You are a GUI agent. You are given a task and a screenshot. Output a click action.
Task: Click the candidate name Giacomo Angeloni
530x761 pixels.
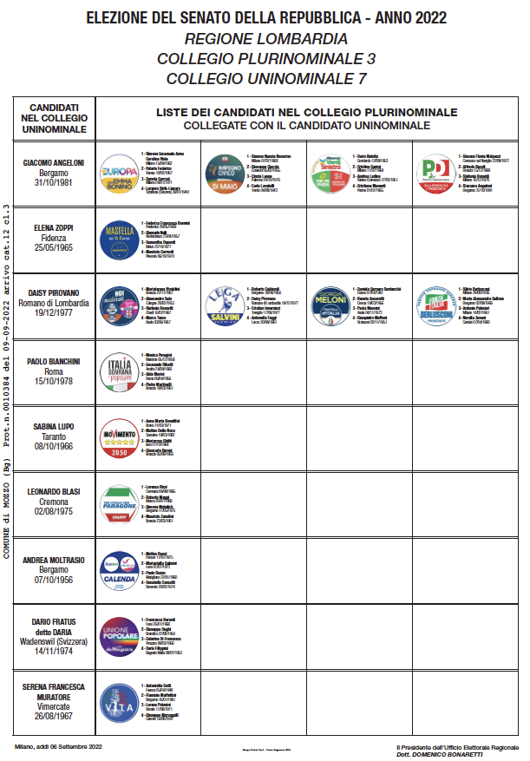click(x=53, y=162)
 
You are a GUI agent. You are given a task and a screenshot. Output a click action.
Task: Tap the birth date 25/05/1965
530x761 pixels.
click(x=53, y=247)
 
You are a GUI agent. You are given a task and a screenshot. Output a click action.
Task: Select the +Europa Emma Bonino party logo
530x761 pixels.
click(x=120, y=172)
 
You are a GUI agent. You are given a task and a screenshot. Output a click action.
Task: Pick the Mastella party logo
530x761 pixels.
click(x=120, y=238)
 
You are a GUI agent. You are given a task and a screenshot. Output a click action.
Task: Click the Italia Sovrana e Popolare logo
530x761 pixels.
click(x=120, y=371)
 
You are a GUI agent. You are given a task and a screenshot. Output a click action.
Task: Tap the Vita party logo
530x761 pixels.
click(x=120, y=704)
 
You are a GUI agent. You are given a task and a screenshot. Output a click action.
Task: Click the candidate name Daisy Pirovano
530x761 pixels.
click(x=53, y=295)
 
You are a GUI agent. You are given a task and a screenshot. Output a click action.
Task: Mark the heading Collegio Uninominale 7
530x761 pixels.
click(x=265, y=78)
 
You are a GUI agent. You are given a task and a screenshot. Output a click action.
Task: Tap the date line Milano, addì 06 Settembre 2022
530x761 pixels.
click(x=58, y=745)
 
